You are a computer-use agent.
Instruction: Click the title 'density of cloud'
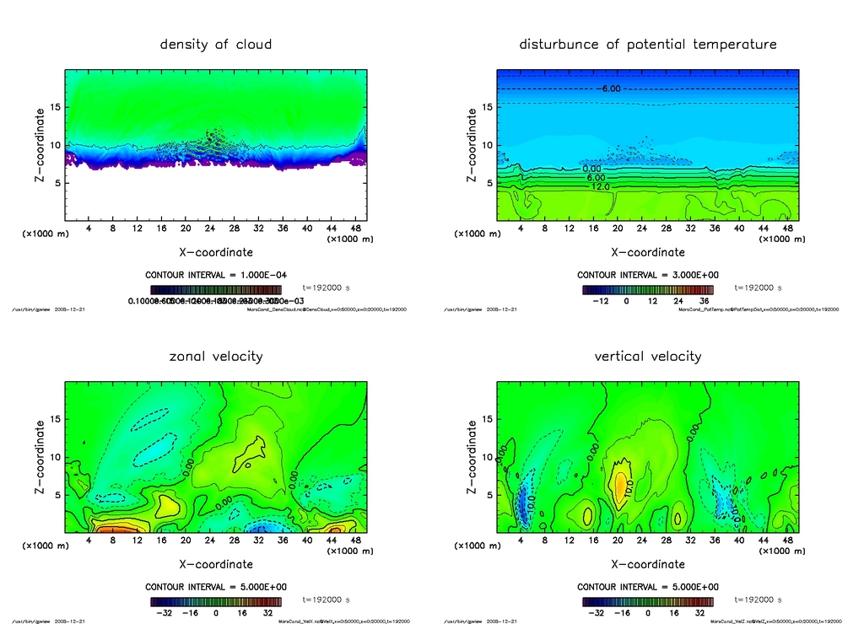pos(216,44)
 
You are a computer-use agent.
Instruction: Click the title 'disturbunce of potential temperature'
pos(647,44)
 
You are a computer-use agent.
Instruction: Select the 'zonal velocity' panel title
pos(216,356)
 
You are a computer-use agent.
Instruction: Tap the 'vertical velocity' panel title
pos(647,356)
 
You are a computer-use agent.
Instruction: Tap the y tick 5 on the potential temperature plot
pos(488,183)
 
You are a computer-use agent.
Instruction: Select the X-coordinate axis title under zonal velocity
pos(215,564)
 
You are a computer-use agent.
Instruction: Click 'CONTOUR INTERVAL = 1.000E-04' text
pos(215,275)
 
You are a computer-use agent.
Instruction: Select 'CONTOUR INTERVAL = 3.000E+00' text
pos(647,275)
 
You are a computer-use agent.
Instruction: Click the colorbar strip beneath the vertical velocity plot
pos(647,602)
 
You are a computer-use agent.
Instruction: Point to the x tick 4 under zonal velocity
pos(88,541)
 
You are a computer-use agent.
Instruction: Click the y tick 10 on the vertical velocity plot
pos(488,457)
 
